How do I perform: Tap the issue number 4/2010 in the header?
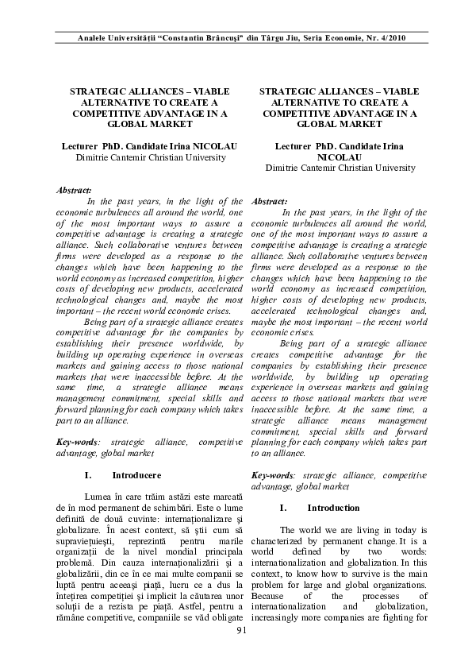coord(391,38)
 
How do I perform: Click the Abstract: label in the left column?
coord(75,191)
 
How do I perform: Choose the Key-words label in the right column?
coord(271,474)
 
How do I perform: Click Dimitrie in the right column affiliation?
coord(283,168)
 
